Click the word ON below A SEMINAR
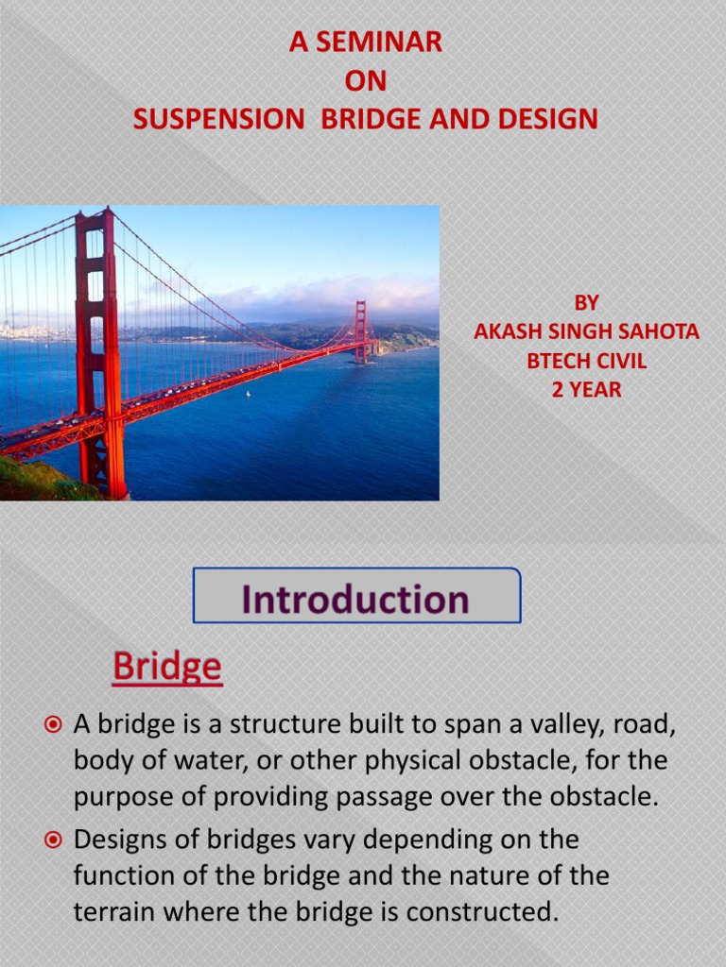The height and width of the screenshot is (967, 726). click(365, 81)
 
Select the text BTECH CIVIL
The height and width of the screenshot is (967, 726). click(587, 360)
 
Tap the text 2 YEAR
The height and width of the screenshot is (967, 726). click(587, 389)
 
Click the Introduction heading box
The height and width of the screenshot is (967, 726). click(356, 596)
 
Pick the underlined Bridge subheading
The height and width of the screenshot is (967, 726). click(167, 668)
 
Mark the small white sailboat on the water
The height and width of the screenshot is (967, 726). click(248, 393)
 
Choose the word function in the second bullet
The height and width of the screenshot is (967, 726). click(121, 875)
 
